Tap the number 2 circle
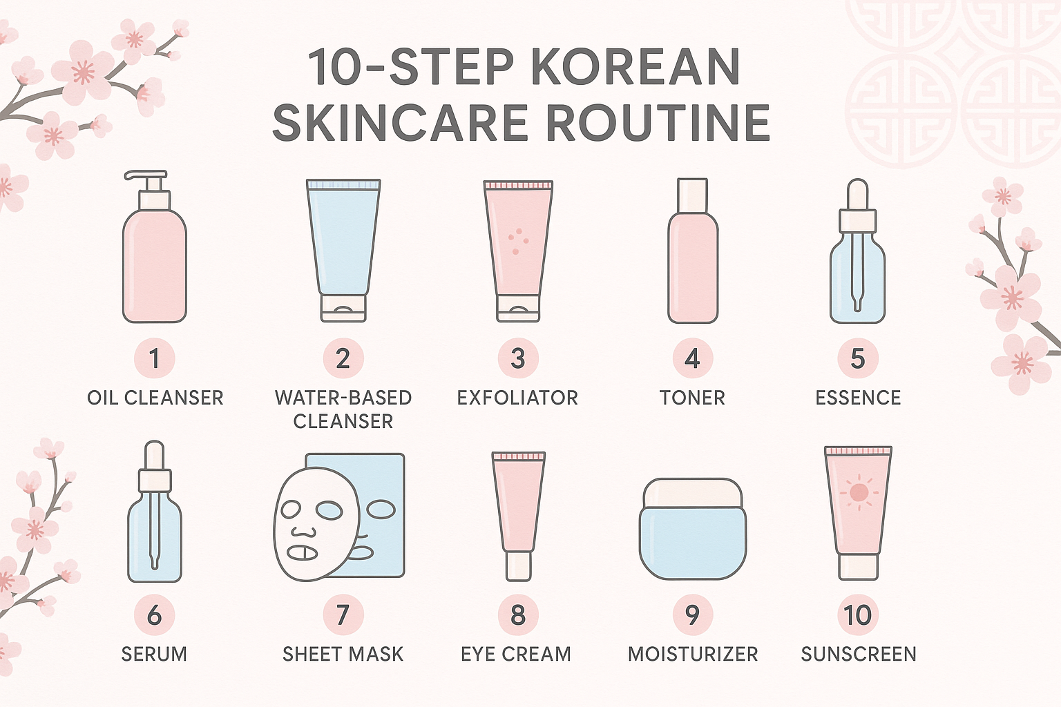pos(343,358)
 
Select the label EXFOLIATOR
pos(517,398)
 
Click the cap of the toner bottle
pos(693,195)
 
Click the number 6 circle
pos(154,614)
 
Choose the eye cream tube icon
pos(518,514)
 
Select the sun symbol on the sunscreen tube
pos(859,493)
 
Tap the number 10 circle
pos(857,614)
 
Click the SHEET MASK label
pos(343,654)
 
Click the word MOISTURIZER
pos(693,654)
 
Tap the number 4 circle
pos(692,358)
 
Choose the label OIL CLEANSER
pos(155,398)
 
